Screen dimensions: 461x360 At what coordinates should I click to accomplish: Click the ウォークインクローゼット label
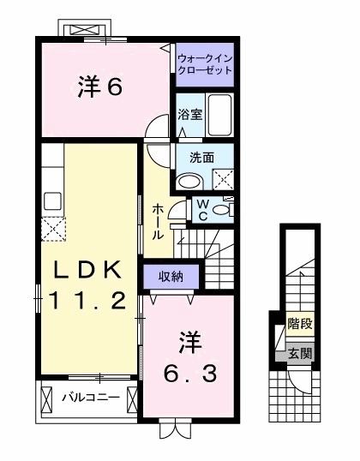[x=204, y=63]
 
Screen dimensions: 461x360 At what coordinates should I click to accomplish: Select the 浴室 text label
[x=189, y=115]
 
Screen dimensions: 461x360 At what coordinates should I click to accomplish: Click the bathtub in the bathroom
[x=220, y=115]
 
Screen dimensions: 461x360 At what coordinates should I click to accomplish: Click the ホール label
[x=159, y=221]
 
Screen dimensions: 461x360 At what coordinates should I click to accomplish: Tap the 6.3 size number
[x=191, y=373]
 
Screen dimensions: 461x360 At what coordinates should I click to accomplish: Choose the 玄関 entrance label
[x=299, y=351]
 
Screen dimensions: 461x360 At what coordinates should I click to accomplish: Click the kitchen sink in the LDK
[x=52, y=201]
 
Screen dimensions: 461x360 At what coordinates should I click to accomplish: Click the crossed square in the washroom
[x=222, y=180]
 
